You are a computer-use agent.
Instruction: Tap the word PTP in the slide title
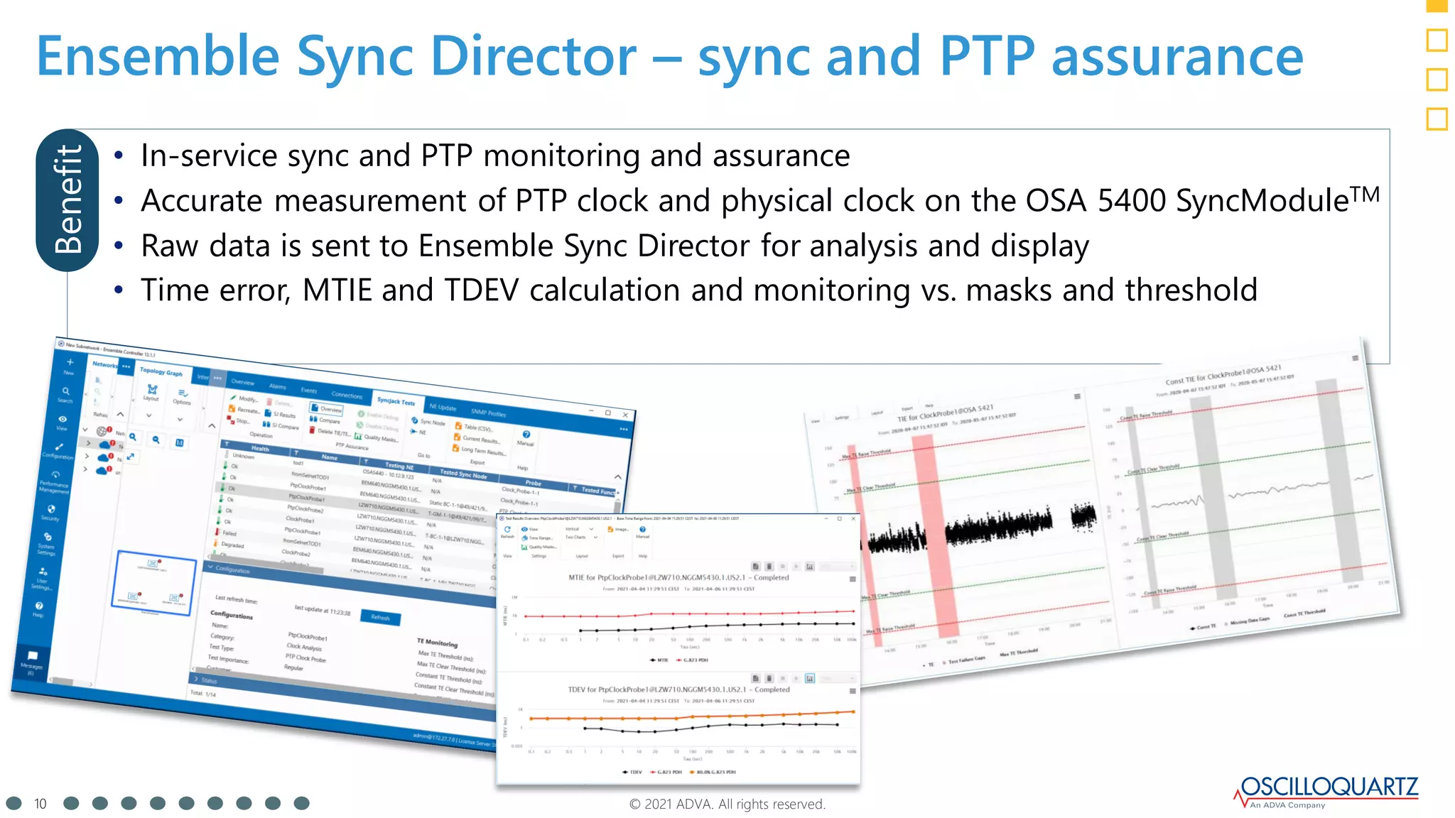point(986,57)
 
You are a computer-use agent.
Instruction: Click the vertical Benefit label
point(68,200)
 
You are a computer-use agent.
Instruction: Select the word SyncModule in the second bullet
point(1262,201)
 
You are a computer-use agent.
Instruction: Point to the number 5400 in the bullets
point(1131,201)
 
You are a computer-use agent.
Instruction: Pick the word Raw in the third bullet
point(169,246)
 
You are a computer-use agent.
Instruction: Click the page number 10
point(40,804)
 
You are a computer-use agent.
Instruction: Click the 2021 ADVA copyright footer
point(727,804)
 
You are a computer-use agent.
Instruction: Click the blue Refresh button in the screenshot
point(380,617)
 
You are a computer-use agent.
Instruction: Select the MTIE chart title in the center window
point(678,577)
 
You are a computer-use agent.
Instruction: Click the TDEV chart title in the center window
point(678,689)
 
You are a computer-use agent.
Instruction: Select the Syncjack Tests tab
point(396,401)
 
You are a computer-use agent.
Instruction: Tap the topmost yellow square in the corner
point(1437,5)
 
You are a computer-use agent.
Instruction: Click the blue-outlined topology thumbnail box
point(155,583)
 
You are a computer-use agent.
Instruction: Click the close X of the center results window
point(853,519)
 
